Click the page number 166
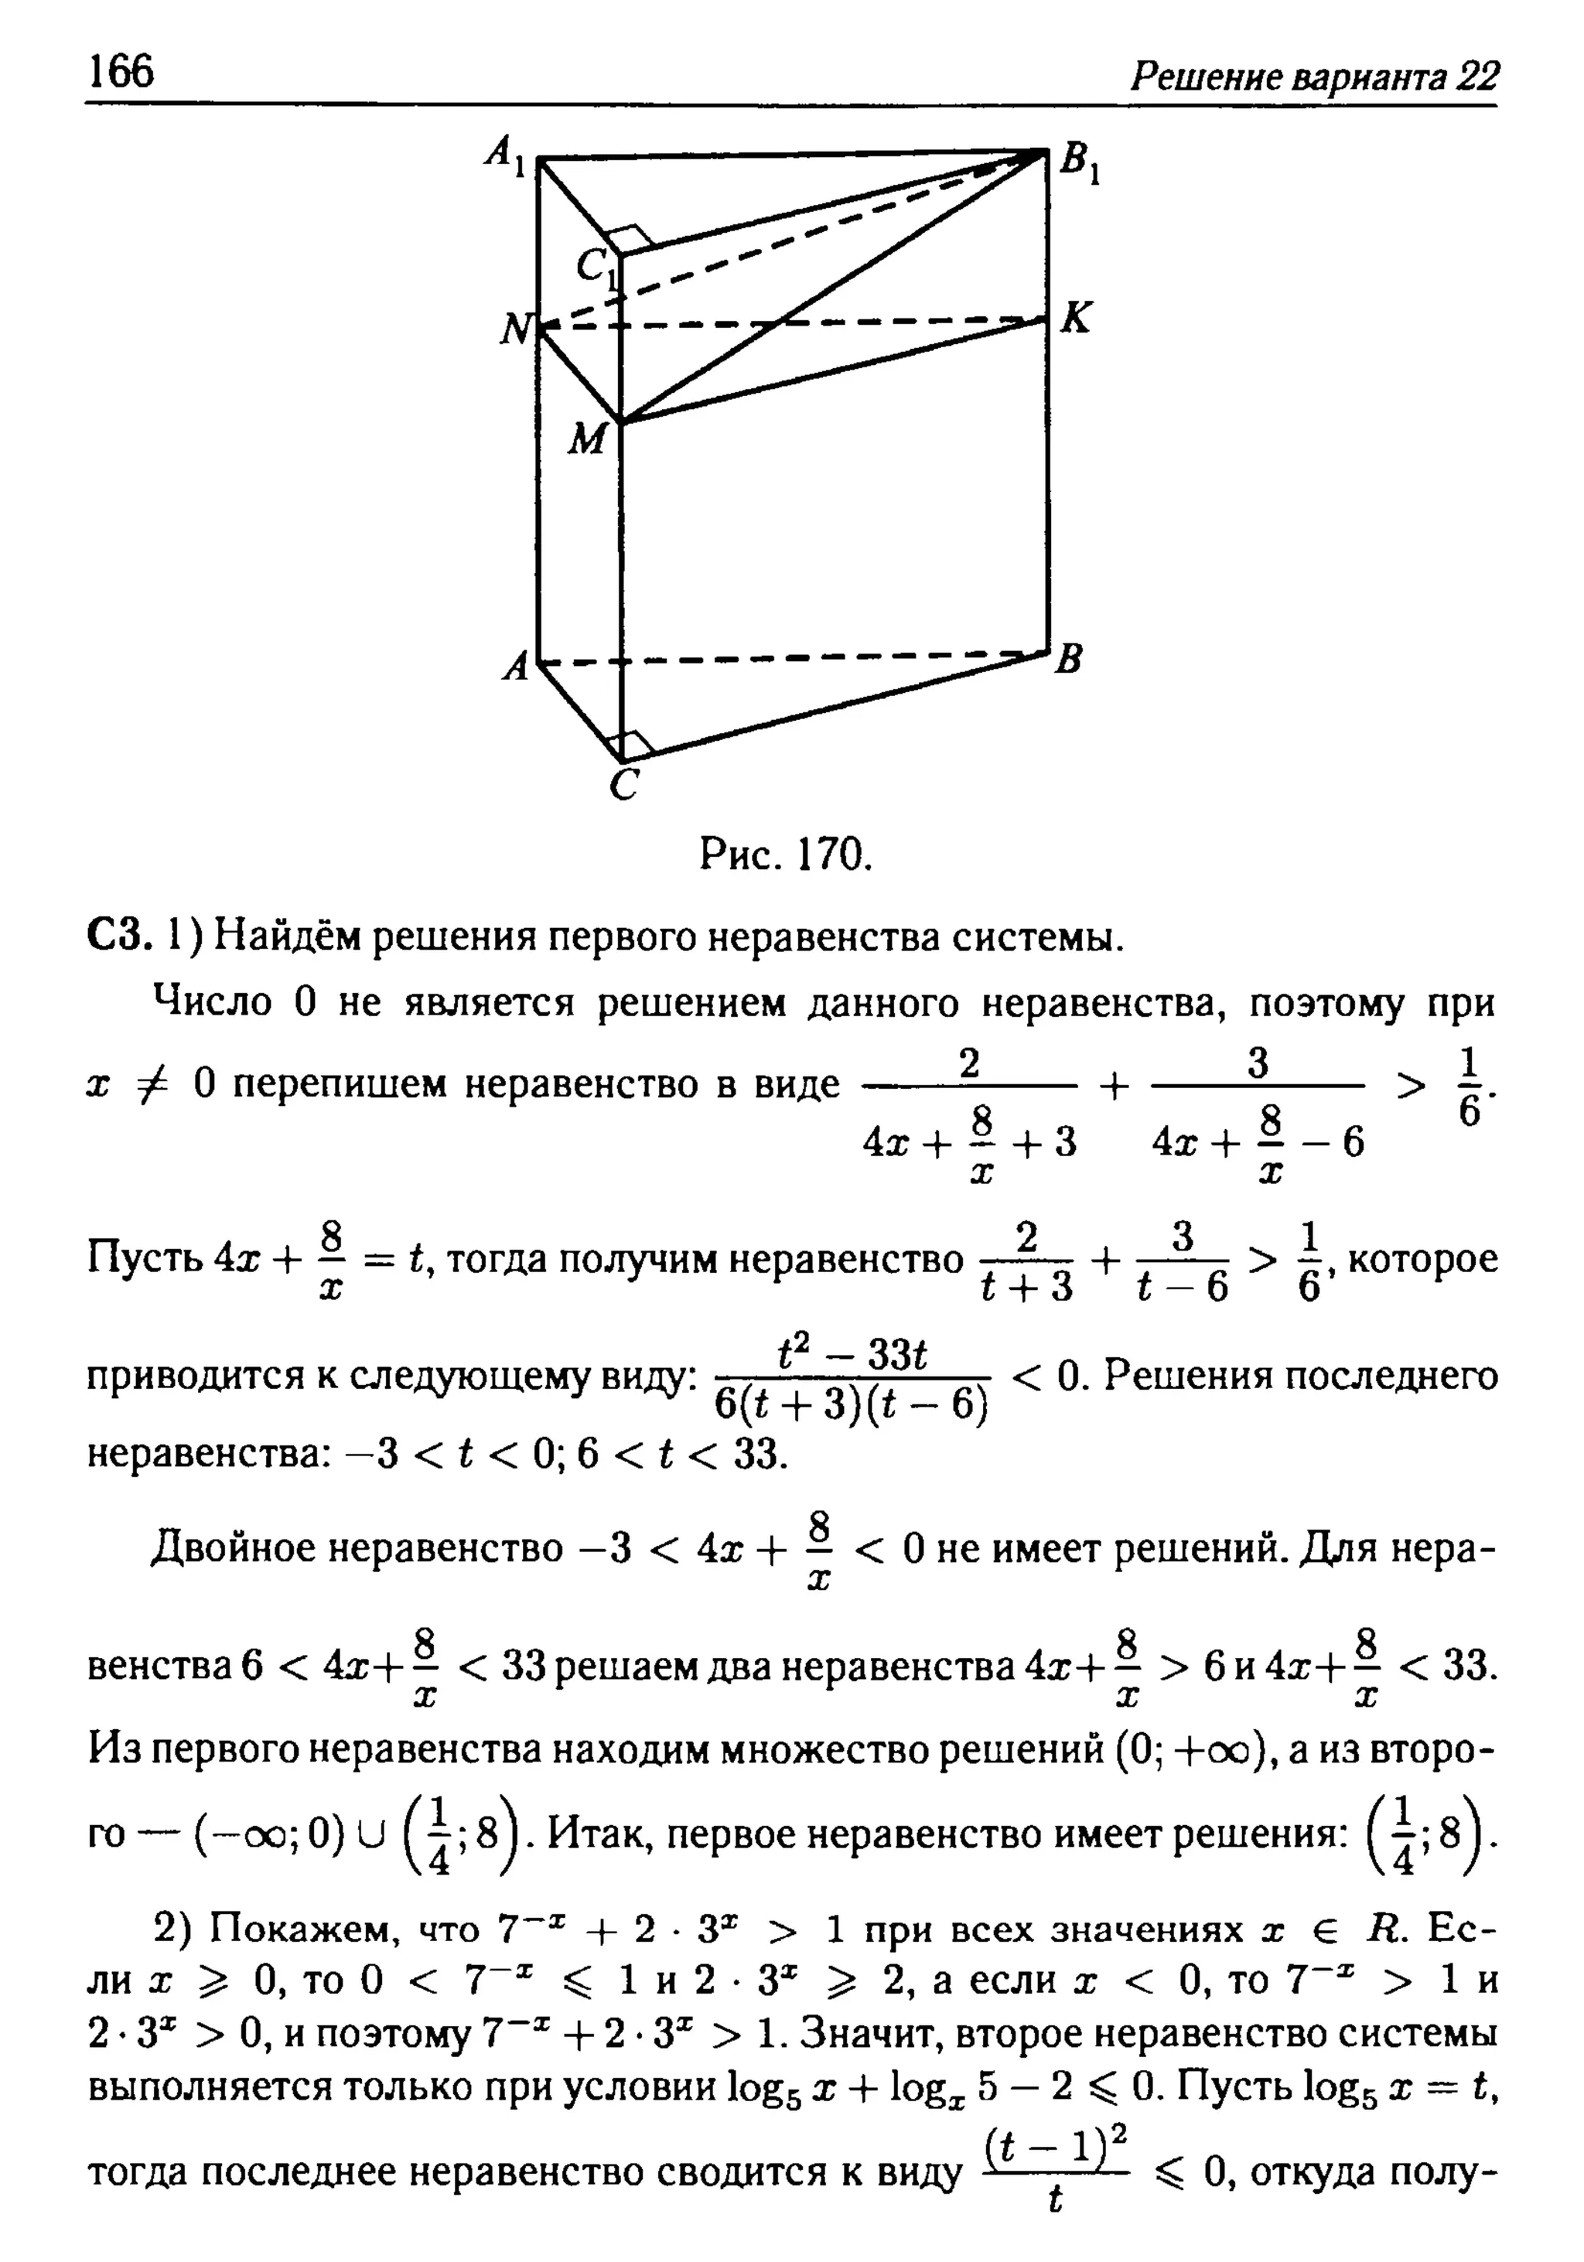click(121, 71)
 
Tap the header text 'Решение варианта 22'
click(1313, 76)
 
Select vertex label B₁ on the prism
click(1080, 162)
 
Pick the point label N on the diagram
click(515, 329)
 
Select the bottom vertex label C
click(623, 785)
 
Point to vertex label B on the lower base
click(1070, 658)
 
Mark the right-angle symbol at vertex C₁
click(630, 237)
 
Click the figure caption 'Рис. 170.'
click(786, 855)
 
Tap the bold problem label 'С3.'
click(118, 936)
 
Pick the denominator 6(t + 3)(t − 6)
click(851, 1404)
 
